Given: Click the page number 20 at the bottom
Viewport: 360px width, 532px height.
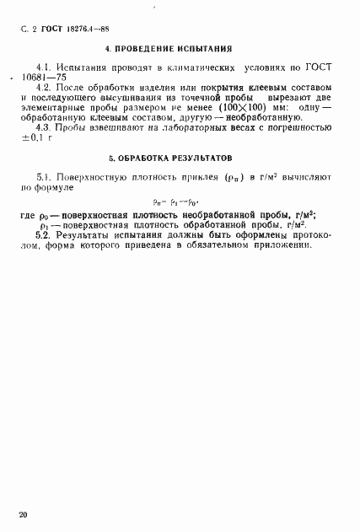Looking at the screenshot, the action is tap(23, 513).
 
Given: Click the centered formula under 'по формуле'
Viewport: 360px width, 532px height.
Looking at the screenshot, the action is tap(176, 202).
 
